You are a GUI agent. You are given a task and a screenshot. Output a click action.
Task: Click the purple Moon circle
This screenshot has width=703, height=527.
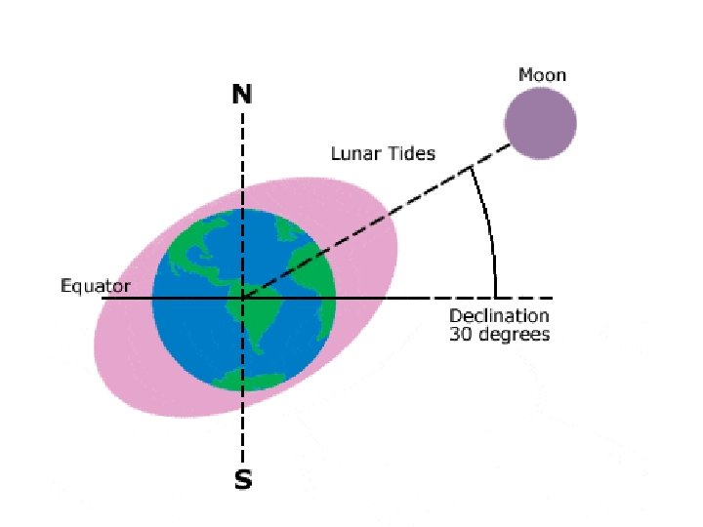pyautogui.click(x=540, y=123)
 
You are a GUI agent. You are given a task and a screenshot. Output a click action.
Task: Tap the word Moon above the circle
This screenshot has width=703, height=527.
pyautogui.click(x=542, y=75)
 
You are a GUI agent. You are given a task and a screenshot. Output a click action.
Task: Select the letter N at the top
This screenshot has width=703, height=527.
pyautogui.click(x=242, y=94)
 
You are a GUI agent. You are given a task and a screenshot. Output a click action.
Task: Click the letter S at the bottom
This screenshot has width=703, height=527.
pyautogui.click(x=241, y=480)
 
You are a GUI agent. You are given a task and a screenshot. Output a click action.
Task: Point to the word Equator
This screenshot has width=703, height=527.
pyautogui.click(x=94, y=286)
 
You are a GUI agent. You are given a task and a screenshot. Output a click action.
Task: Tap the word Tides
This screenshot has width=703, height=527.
pyautogui.click(x=411, y=153)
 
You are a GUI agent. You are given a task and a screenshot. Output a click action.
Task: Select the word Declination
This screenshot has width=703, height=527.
pyautogui.click(x=499, y=316)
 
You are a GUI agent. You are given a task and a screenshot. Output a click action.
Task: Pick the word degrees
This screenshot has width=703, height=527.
pyautogui.click(x=514, y=336)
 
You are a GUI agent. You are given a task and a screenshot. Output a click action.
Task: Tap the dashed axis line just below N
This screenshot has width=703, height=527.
pyautogui.click(x=242, y=137)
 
